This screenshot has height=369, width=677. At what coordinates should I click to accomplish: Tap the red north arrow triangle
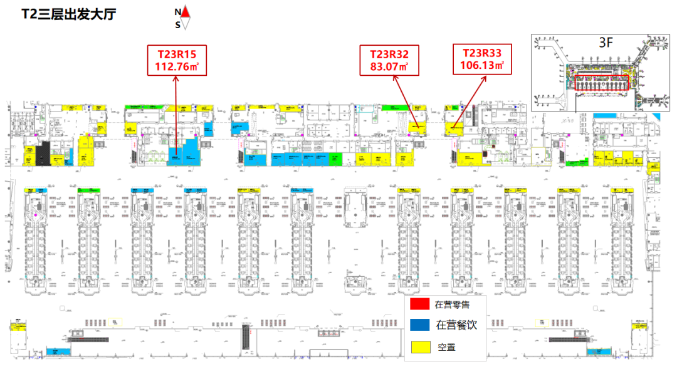tap(186, 12)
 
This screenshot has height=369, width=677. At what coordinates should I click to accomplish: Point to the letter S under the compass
tap(178, 24)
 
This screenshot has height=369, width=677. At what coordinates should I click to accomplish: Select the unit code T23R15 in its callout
tap(176, 54)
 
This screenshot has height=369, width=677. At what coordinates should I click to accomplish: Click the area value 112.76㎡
tap(176, 66)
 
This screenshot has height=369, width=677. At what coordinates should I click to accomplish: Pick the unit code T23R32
tap(389, 55)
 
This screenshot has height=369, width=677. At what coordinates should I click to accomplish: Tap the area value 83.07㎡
tap(389, 66)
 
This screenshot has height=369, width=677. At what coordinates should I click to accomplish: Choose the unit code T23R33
tap(483, 53)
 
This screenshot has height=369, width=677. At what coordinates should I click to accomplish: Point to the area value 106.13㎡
tap(483, 65)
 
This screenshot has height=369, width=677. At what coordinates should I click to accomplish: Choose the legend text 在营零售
tap(452, 305)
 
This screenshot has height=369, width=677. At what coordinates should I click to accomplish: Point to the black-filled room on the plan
tap(43, 152)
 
